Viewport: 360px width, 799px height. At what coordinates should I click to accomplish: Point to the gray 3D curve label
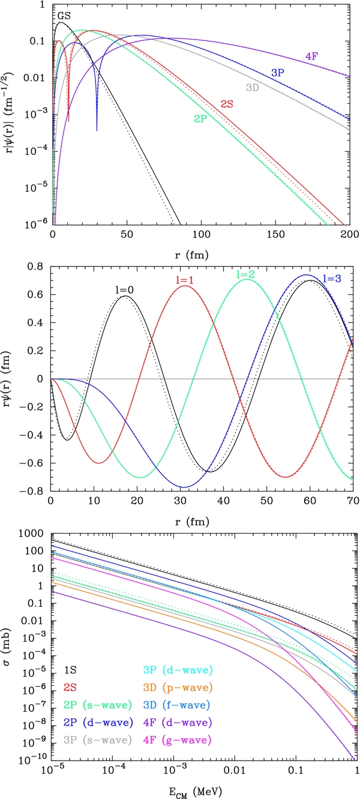(x=252, y=88)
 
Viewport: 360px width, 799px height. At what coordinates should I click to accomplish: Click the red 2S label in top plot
(x=226, y=103)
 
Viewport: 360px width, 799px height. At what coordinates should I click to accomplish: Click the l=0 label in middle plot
(x=124, y=289)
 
